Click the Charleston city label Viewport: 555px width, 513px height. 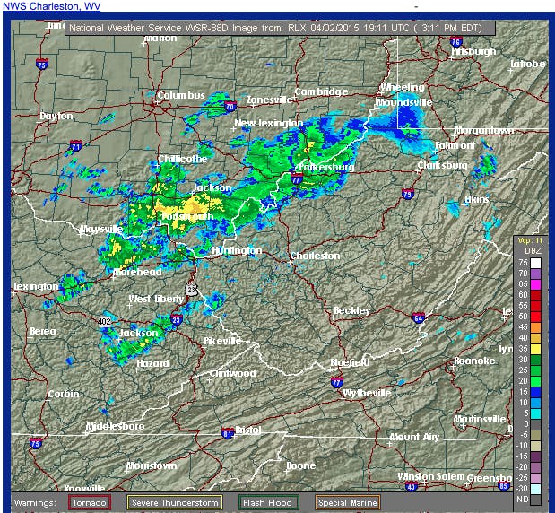click(315, 256)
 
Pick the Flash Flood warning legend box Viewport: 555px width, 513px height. click(268, 503)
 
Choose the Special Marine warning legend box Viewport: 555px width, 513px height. click(347, 503)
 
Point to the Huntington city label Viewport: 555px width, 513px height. click(237, 251)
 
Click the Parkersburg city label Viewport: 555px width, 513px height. click(324, 167)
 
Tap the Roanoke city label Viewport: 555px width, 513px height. click(474, 361)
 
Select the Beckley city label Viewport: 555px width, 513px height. click(351, 310)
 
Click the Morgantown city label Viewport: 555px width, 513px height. click(484, 131)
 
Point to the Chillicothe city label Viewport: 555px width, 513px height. click(183, 159)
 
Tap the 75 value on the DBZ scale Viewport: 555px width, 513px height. click(532, 263)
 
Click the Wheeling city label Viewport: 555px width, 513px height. click(403, 87)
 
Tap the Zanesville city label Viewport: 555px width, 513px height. click(271, 100)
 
